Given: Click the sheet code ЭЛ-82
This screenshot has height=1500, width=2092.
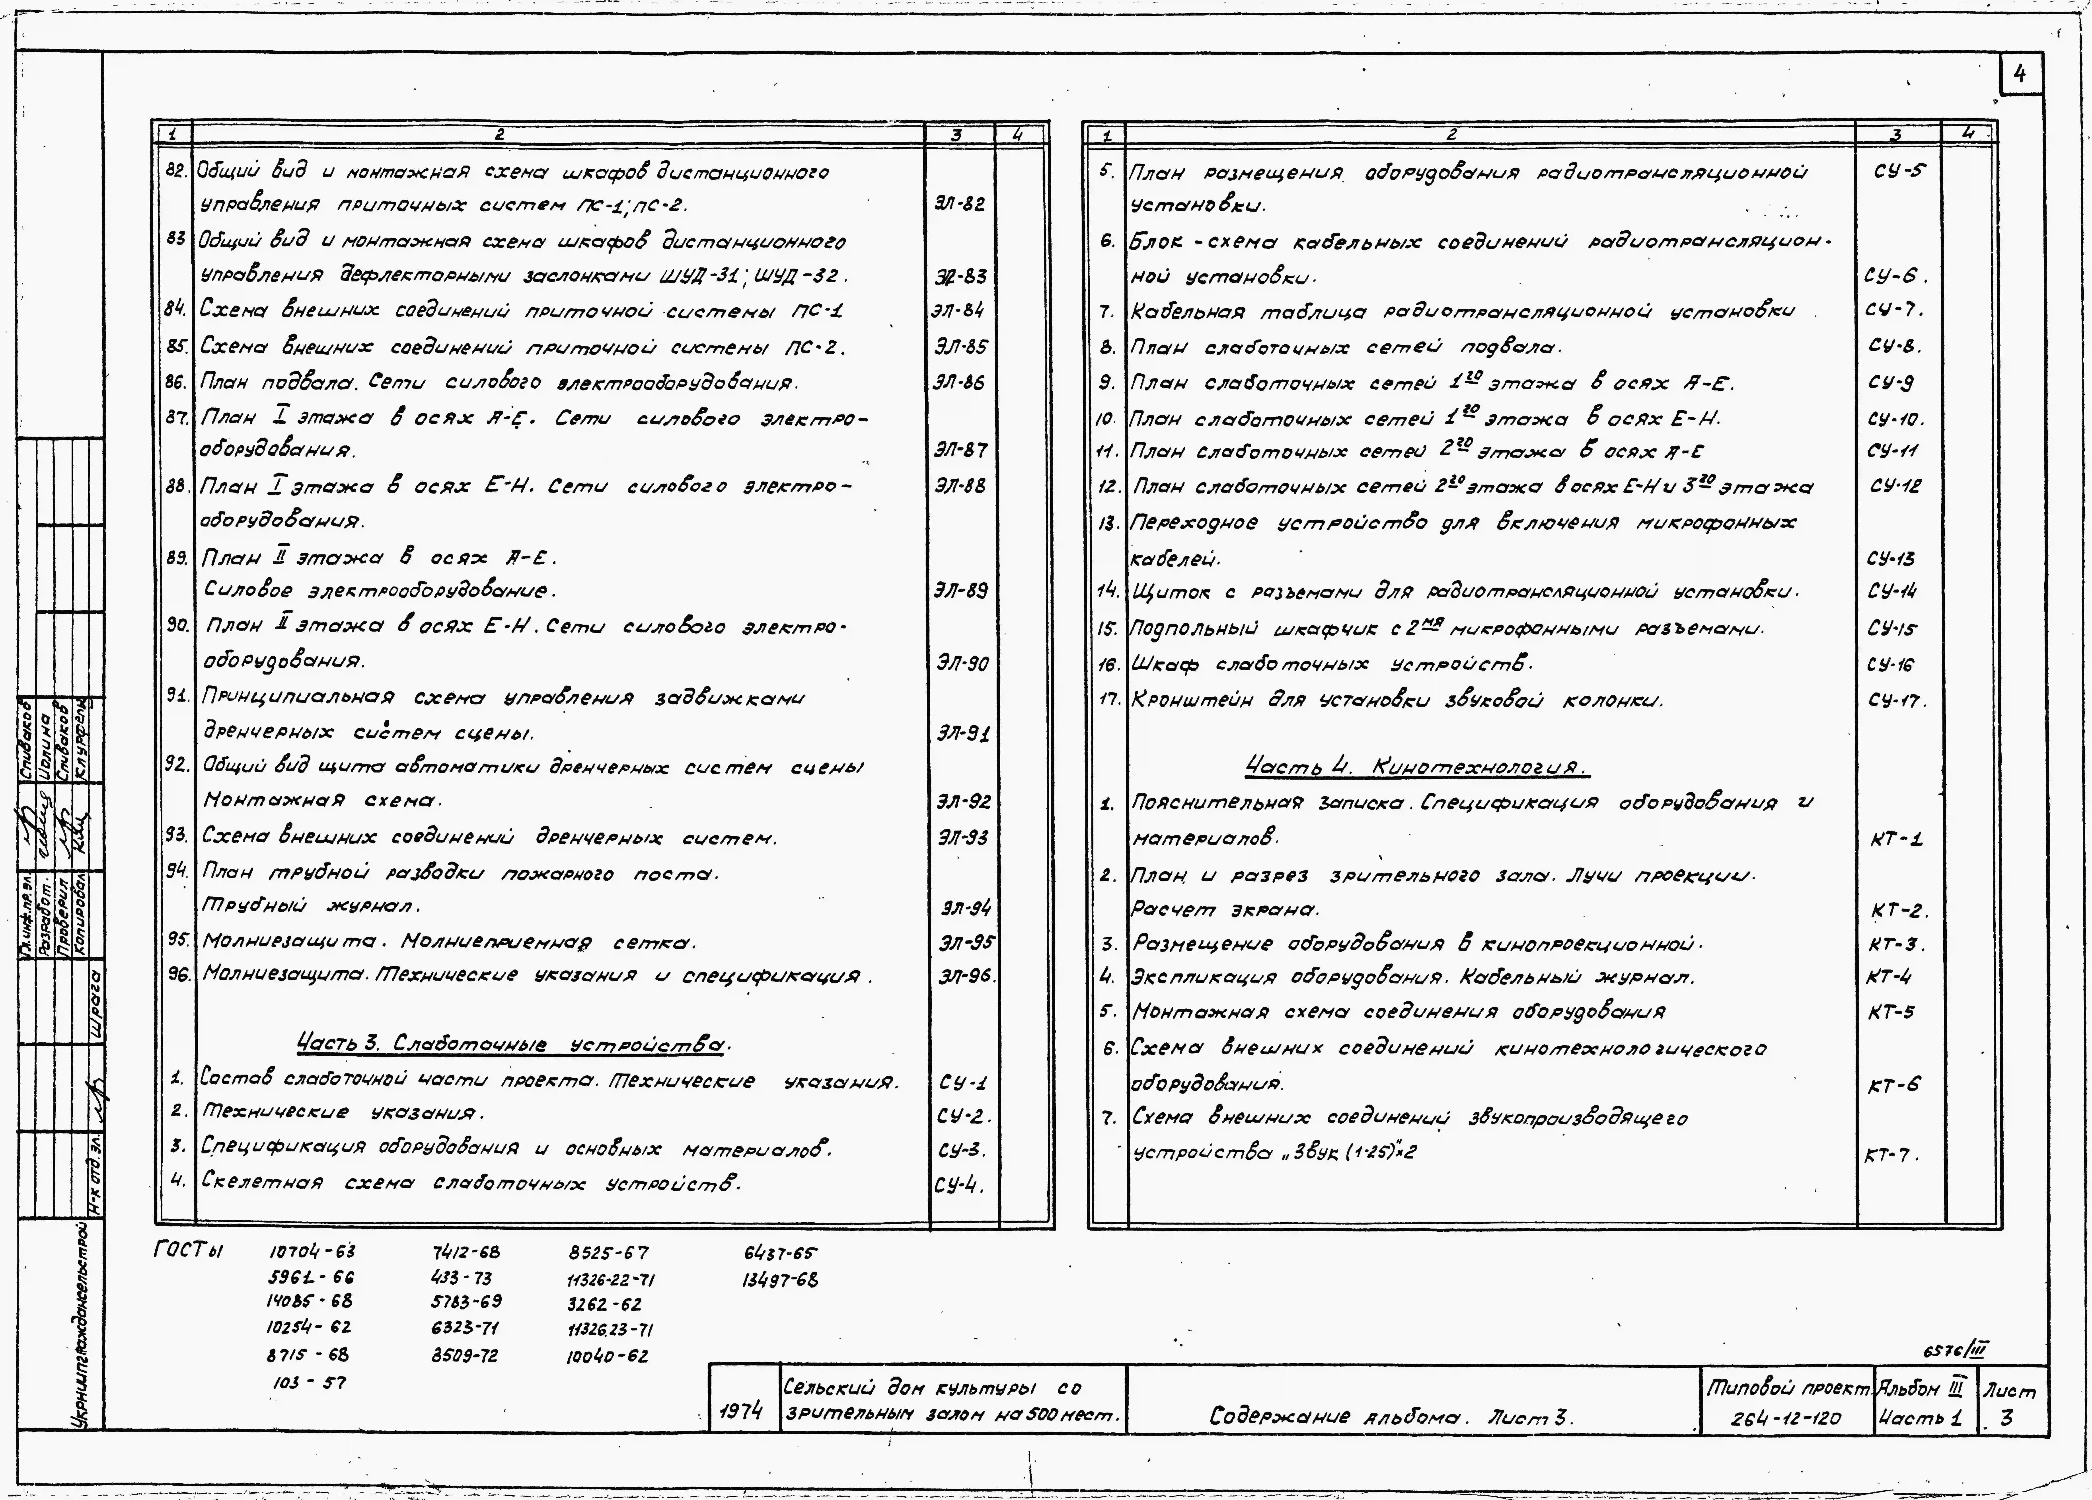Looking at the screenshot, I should pos(959,204).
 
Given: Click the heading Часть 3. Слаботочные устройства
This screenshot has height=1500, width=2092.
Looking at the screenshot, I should pos(513,1043).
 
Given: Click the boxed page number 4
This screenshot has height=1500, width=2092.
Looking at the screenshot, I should pos(2020,75).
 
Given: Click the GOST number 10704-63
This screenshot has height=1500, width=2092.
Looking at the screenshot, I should pos(312,1252).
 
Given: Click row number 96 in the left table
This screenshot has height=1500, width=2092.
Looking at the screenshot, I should pos(178,974).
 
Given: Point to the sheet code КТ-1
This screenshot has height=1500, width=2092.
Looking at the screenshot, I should pos(1896,839).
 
